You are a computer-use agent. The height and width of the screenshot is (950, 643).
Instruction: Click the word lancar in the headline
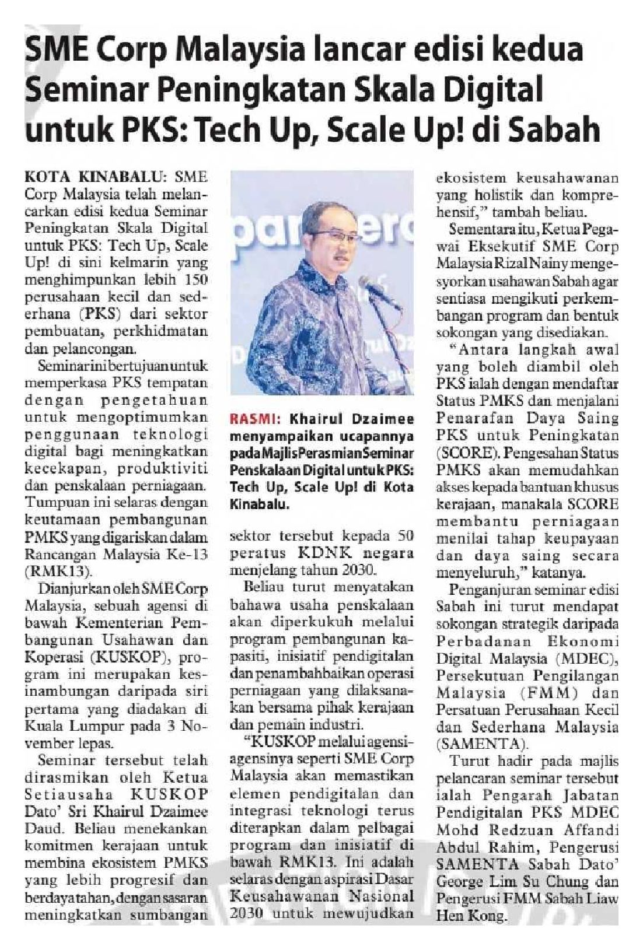[x=355, y=50]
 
